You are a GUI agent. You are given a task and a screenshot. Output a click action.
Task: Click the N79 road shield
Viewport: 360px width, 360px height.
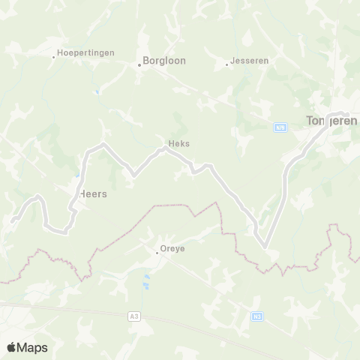coord(279,128)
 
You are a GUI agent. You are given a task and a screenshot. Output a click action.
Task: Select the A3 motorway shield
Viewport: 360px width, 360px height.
coord(134,317)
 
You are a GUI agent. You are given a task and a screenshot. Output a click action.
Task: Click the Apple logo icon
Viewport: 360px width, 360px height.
coord(12,347)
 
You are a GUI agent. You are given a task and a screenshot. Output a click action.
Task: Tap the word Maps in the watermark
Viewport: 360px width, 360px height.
coord(33,347)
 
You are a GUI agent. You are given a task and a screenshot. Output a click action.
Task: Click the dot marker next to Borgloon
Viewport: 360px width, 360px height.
coord(139,64)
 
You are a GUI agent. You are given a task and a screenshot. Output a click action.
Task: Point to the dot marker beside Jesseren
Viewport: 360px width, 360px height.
coord(227,64)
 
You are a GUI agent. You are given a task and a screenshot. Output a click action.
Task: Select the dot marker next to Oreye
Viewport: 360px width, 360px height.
coord(156,253)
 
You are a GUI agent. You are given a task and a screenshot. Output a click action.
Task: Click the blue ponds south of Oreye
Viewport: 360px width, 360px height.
coord(147,283)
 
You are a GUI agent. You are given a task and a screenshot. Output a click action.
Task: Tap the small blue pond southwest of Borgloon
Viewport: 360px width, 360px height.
coord(97,92)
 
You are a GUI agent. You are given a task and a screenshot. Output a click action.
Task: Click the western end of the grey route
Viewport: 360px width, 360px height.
coord(11,220)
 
